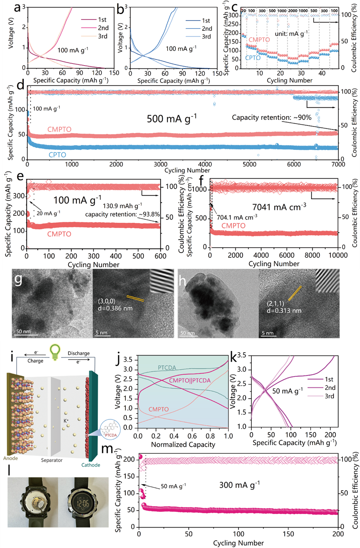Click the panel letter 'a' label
click(7, 7)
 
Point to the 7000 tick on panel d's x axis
click(338, 164)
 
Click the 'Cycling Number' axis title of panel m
click(238, 543)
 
